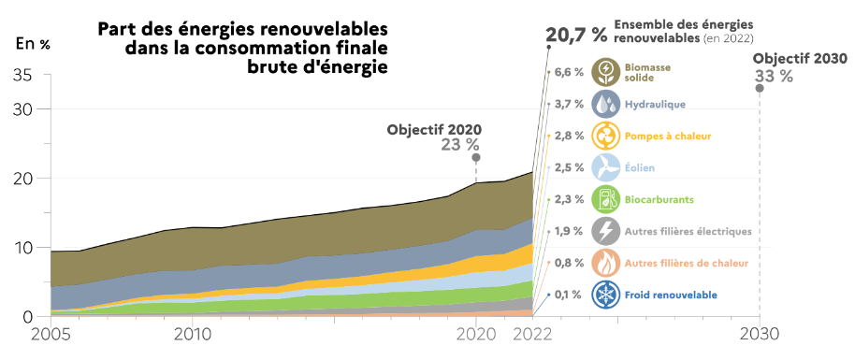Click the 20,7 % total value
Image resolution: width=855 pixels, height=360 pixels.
(576, 36)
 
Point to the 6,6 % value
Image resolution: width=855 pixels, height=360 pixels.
(569, 72)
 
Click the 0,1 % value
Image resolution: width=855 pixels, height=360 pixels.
(569, 295)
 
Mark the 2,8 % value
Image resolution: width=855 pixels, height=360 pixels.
(569, 137)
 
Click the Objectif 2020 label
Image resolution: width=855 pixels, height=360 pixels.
(437, 129)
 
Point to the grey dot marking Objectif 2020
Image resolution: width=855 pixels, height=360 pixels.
(476, 158)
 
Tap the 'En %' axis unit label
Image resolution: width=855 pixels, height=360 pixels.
(33, 44)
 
